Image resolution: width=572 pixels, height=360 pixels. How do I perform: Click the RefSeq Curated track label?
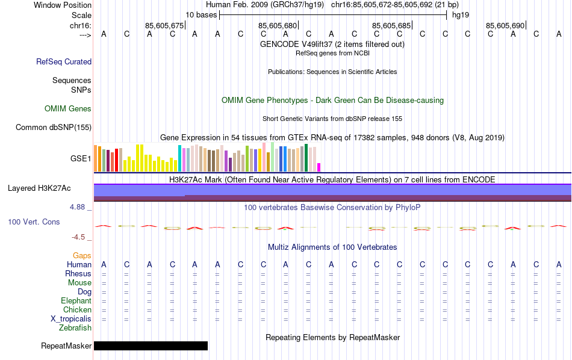click(x=64, y=61)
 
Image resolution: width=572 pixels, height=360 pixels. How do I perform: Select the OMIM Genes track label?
click(x=68, y=109)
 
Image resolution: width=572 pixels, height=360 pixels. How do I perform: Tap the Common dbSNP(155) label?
click(x=54, y=127)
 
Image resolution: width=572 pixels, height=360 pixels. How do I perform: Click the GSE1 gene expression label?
click(x=81, y=159)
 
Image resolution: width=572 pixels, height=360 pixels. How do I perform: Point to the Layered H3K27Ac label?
click(x=39, y=188)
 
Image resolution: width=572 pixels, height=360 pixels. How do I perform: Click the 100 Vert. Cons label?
click(x=34, y=222)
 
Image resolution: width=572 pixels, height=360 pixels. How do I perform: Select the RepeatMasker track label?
click(x=66, y=346)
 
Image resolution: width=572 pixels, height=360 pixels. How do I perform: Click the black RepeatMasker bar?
click(x=151, y=346)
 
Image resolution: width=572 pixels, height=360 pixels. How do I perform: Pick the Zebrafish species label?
click(x=75, y=328)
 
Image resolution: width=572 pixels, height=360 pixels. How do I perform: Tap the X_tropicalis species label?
click(x=71, y=319)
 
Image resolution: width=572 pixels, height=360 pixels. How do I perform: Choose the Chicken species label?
click(x=77, y=310)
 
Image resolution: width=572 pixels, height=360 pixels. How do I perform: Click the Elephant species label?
click(x=76, y=301)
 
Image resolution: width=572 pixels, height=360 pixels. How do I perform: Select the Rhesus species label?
click(x=78, y=274)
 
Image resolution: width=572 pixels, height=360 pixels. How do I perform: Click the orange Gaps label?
click(x=82, y=256)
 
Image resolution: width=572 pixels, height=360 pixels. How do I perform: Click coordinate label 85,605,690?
click(x=505, y=25)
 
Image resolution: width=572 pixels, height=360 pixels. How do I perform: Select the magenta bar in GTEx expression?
click(x=319, y=167)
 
